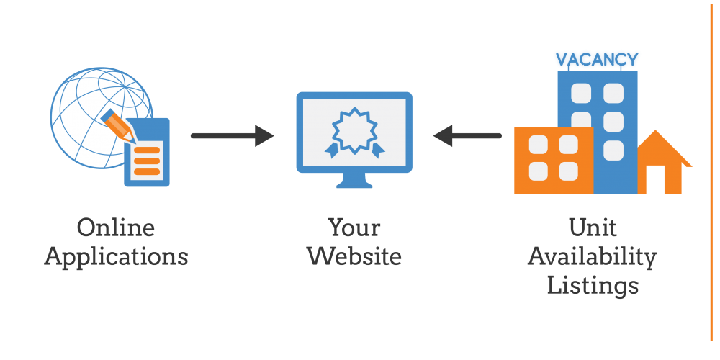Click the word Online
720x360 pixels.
(x=116, y=228)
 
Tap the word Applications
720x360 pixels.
(x=116, y=257)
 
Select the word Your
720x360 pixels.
(x=354, y=228)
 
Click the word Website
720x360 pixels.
(x=354, y=256)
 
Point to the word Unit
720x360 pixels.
(x=593, y=228)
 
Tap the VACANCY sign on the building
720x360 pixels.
(x=597, y=59)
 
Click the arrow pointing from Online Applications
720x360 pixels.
(x=233, y=136)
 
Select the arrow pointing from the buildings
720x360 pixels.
(x=467, y=136)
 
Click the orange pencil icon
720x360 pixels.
(x=117, y=125)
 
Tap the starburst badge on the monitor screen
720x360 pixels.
(x=354, y=132)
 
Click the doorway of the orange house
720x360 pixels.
(x=654, y=179)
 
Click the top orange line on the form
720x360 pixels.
(x=147, y=150)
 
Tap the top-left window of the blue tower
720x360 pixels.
(x=581, y=93)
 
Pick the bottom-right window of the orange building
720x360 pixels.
(x=569, y=172)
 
